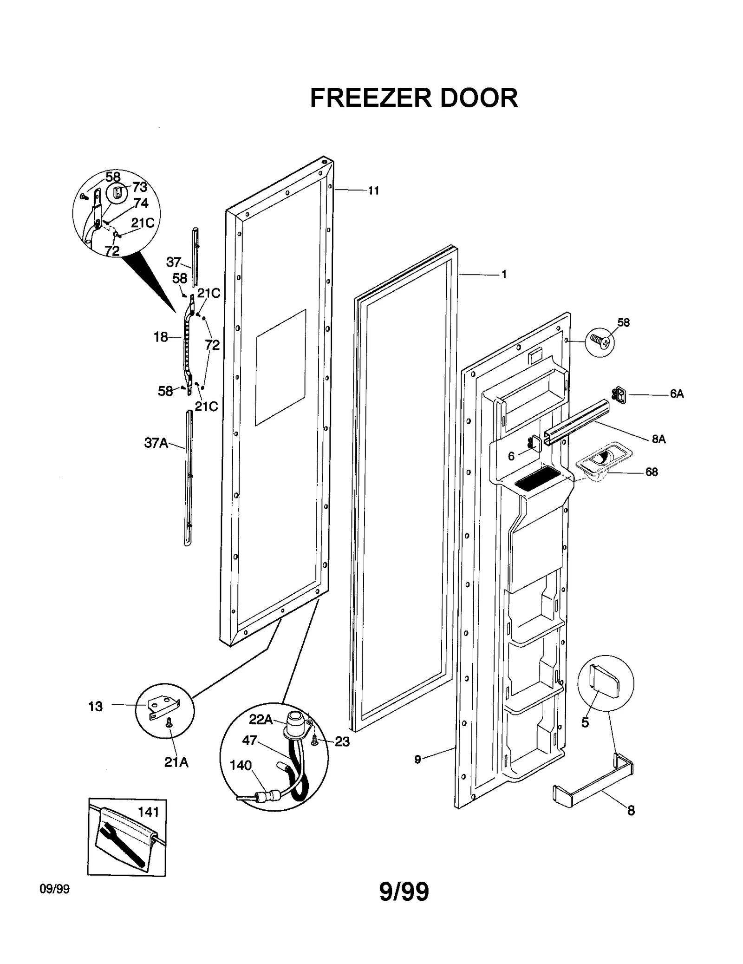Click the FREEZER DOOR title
tap(413, 98)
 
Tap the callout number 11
tap(373, 190)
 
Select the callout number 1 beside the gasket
tap(504, 275)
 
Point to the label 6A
tap(677, 394)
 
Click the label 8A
tap(658, 439)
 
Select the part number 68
tap(652, 472)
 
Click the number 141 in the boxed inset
tap(148, 812)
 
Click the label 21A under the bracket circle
tap(176, 762)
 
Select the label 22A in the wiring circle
tap(261, 720)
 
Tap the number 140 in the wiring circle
tap(241, 765)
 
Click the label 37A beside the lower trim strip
tap(156, 443)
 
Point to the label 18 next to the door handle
tap(161, 337)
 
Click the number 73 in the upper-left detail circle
tap(139, 187)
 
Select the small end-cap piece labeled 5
tap(604, 682)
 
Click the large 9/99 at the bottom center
tap(404, 892)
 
